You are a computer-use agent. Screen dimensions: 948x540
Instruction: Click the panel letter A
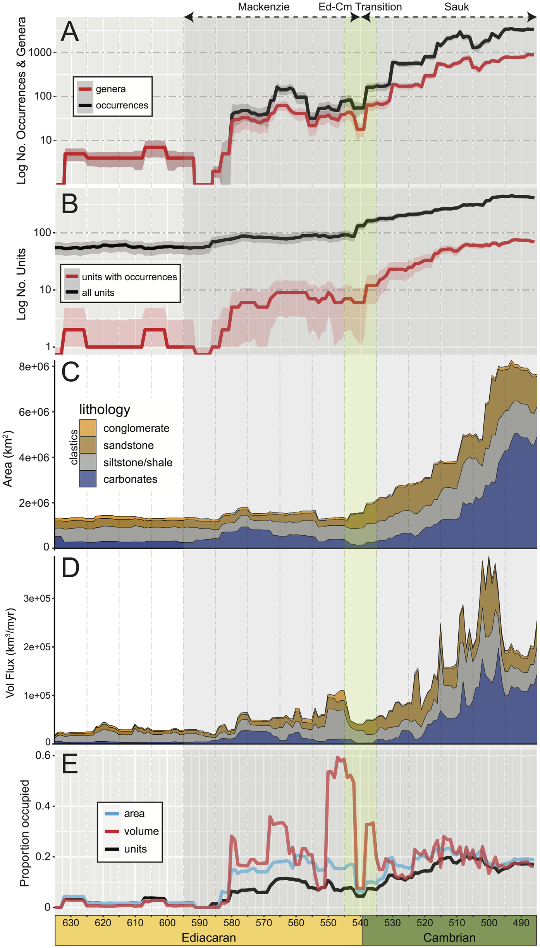coord(70,32)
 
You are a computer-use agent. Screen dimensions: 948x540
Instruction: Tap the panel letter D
coord(70,568)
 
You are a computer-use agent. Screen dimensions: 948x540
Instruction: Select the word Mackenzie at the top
coord(263,7)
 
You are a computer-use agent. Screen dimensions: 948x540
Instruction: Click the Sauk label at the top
coord(456,7)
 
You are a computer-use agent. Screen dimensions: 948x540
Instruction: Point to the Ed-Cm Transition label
coord(360,7)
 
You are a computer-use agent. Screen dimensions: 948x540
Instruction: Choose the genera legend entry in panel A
coord(110,89)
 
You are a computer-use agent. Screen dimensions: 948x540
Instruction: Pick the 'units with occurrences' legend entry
coord(129,277)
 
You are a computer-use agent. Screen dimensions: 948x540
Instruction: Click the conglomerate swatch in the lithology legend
coord(88,428)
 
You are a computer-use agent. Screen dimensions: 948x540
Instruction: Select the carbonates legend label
coord(130,479)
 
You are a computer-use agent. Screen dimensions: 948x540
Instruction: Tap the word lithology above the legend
coord(105,410)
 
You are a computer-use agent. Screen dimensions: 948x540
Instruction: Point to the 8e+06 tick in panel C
coord(34,367)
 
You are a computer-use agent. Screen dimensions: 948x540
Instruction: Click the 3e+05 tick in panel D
coord(37,598)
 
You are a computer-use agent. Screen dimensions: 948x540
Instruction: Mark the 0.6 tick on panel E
coord(43,756)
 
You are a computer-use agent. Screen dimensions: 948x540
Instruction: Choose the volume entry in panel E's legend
coord(141,831)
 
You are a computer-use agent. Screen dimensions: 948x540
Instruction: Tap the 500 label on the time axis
coord(489,922)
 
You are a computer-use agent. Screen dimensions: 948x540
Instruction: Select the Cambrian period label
coord(449,938)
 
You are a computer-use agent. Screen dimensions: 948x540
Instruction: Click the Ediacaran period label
coord(208,938)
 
